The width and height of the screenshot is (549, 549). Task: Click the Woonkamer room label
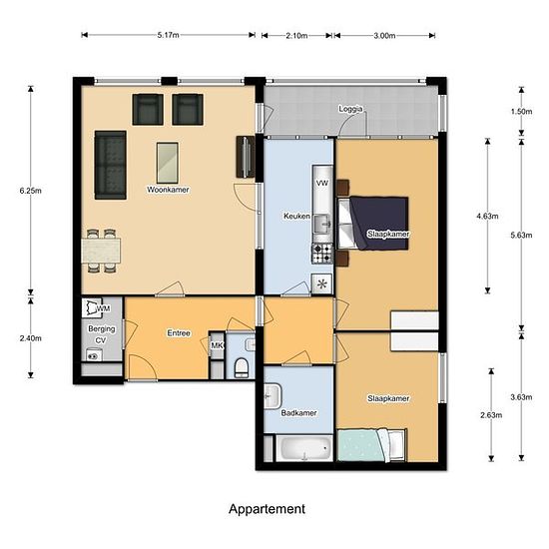coord(168,190)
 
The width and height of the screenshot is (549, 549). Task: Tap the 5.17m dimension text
coord(168,35)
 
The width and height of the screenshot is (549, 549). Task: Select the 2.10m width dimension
coord(296,35)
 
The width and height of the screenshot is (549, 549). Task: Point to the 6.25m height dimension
coord(31,191)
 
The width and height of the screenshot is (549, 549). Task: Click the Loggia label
coord(350,109)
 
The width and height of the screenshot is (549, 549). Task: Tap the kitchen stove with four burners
coord(322,254)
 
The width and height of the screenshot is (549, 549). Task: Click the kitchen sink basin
coord(321,225)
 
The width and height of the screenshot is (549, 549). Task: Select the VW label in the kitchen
coord(322,183)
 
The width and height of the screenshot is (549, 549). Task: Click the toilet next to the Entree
coord(242,367)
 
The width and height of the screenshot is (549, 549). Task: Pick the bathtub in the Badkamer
coord(303,448)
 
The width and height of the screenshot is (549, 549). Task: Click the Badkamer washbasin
coord(273,396)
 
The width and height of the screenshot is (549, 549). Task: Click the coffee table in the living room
coord(168,163)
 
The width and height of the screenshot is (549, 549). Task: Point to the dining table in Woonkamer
coord(101,251)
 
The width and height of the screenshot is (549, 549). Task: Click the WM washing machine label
coord(104,308)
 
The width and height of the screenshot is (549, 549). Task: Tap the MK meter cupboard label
coord(217,345)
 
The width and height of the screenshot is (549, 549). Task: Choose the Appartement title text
coord(267,509)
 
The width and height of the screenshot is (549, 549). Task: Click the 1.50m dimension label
coord(521,112)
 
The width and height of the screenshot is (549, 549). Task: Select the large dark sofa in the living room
coord(110,165)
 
